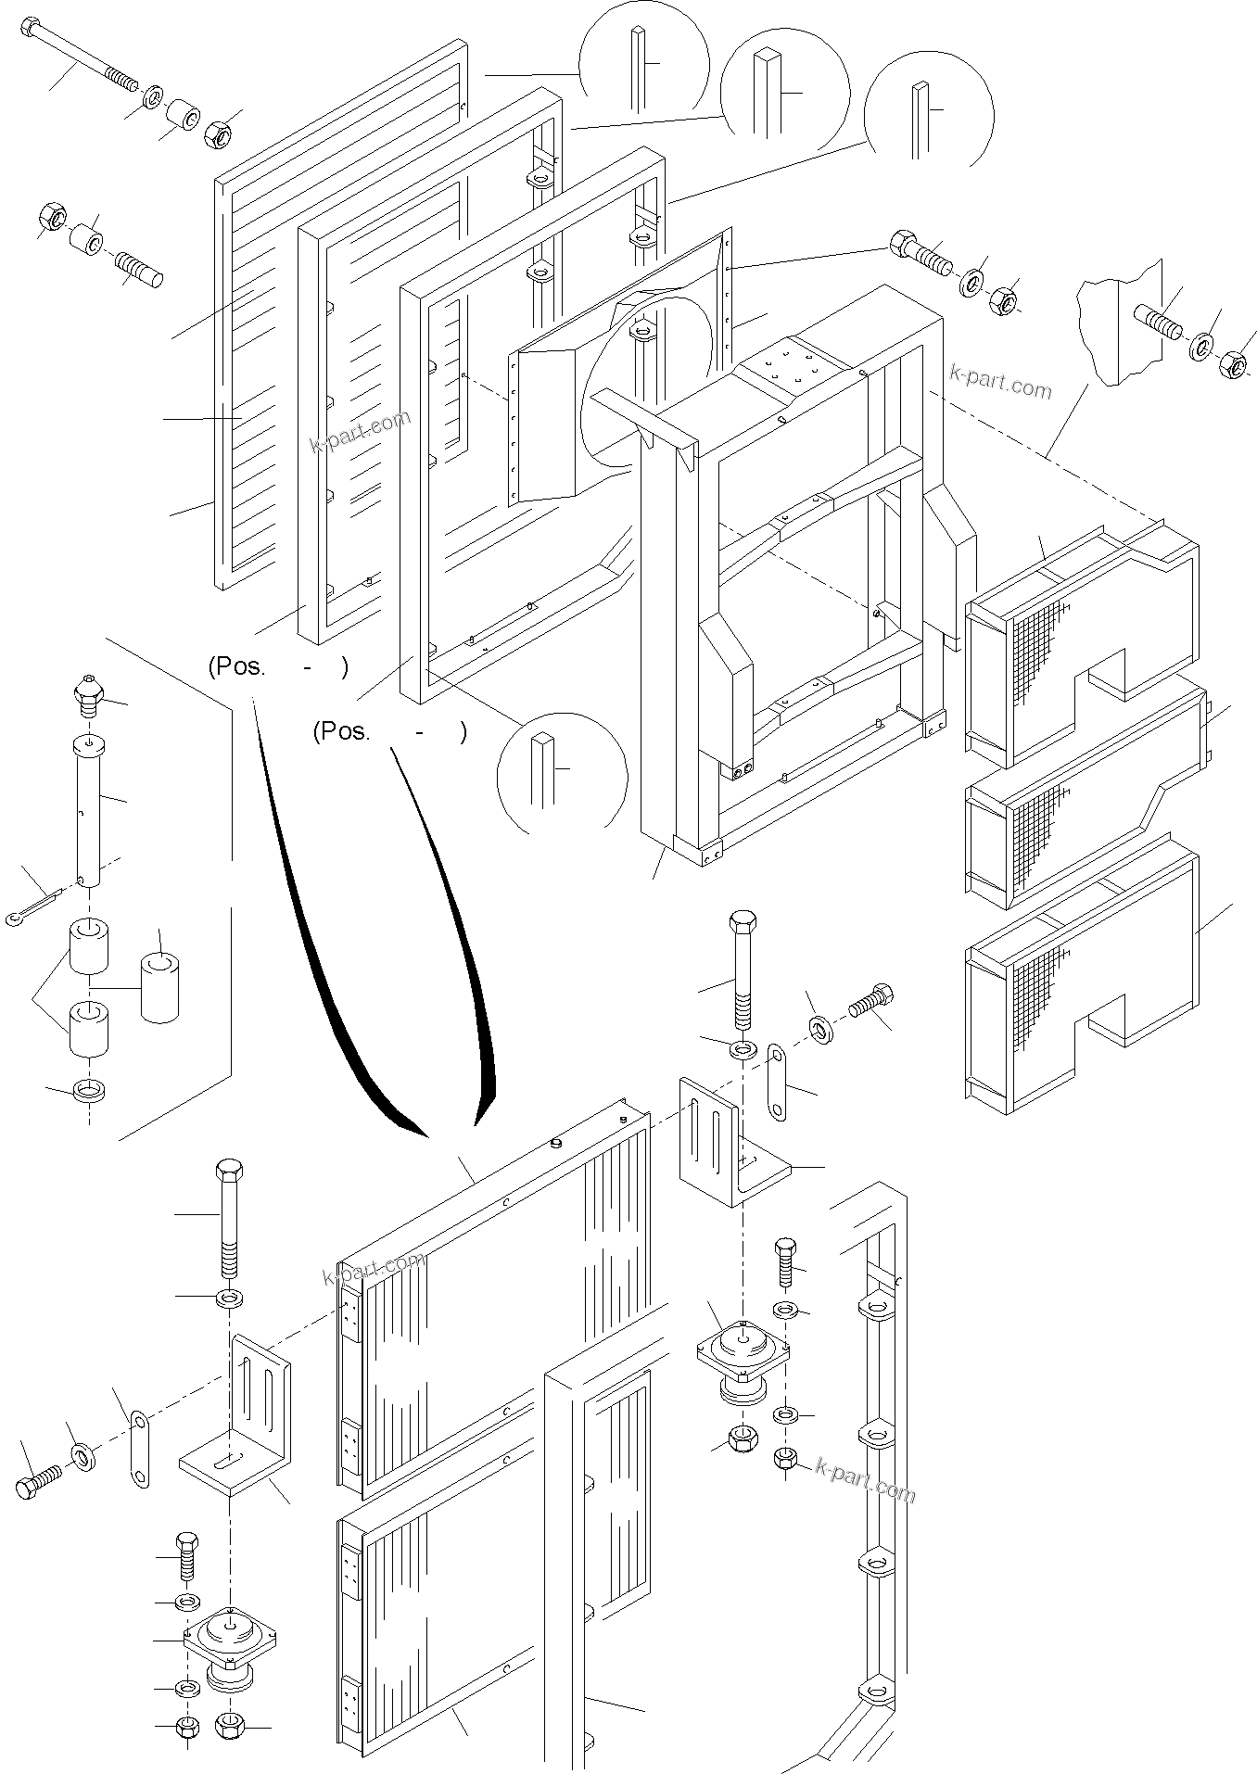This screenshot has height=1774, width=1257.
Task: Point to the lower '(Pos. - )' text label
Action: click(389, 732)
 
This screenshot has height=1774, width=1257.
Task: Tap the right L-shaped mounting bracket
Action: click(728, 1145)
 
